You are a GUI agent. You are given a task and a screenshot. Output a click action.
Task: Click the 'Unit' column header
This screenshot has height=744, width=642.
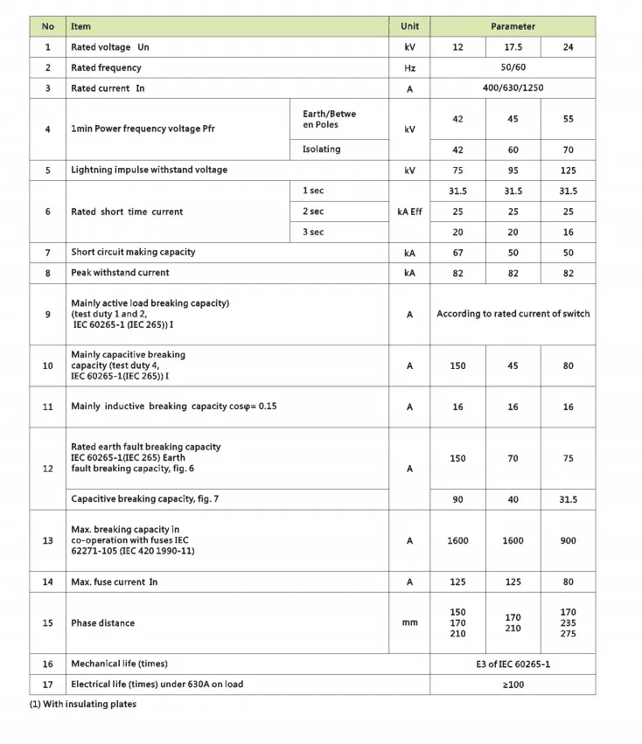[409, 26]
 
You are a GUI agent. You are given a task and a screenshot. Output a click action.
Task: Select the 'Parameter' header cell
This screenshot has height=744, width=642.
[513, 26]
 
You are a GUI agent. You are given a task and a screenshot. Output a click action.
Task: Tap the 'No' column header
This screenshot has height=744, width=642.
[48, 26]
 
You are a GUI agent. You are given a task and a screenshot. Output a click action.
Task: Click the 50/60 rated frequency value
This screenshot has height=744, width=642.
[513, 67]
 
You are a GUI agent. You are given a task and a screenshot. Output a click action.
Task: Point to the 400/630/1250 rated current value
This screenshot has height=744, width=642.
[513, 88]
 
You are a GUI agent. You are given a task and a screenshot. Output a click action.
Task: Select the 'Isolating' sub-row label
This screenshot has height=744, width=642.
[322, 149]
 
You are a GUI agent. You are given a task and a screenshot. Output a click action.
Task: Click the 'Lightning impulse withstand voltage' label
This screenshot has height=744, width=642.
[149, 170]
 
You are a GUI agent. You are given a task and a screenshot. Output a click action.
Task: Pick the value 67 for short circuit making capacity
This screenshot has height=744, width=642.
[457, 252]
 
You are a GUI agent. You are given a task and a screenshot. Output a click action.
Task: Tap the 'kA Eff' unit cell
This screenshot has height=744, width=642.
[409, 212]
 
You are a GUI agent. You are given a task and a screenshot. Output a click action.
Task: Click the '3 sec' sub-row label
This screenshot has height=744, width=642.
[313, 233]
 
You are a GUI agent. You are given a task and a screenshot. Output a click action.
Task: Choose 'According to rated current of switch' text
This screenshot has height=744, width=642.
[513, 314]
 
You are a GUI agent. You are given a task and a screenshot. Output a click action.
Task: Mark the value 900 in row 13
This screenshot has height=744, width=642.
[568, 540]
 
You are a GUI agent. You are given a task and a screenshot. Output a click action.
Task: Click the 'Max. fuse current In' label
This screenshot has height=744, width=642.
[115, 582]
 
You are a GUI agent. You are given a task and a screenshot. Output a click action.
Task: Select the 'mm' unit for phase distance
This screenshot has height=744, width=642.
[409, 623]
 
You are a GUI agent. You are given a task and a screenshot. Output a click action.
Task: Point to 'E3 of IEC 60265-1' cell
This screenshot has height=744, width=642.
[513, 664]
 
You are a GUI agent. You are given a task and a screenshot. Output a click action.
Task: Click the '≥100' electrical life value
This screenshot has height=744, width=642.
[513, 685]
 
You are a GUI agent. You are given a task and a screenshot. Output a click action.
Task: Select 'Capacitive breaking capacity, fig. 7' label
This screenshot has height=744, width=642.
[144, 499]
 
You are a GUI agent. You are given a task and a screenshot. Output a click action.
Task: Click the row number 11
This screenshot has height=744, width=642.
[48, 407]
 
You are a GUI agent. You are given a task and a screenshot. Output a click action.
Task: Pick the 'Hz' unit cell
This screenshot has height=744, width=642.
[409, 67]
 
